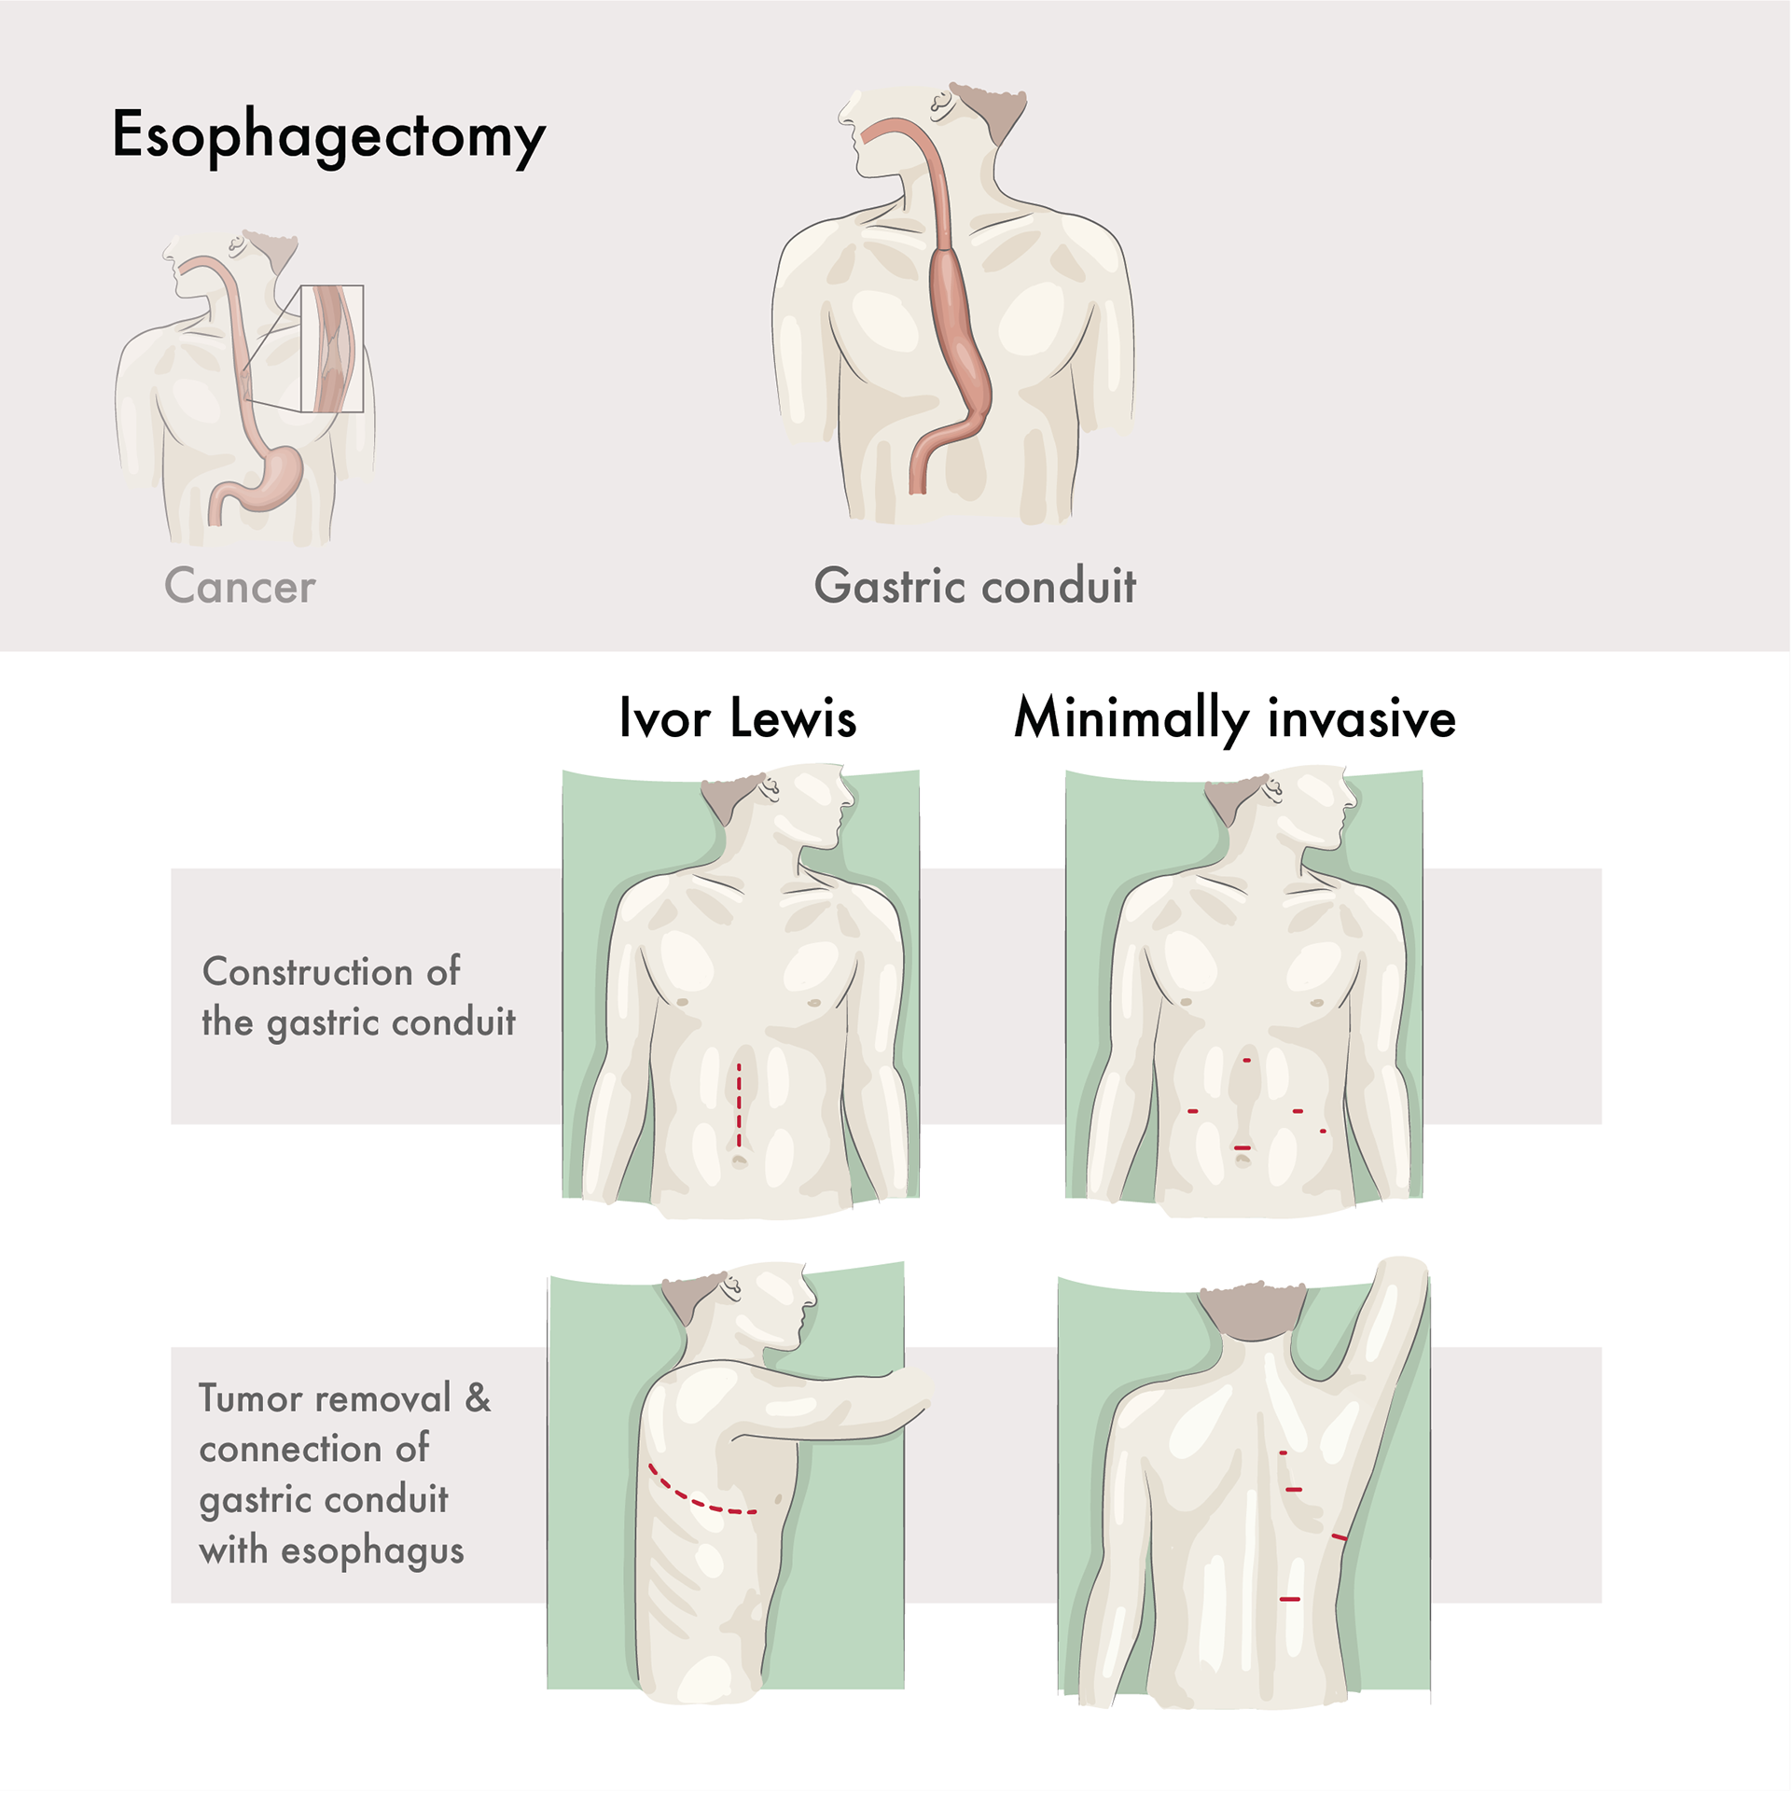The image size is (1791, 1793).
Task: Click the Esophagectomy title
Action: coord(328,135)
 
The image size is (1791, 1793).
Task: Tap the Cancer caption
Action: coord(240,586)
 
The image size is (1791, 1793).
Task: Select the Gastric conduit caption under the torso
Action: coord(975,586)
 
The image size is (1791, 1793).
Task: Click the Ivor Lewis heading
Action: coord(737,718)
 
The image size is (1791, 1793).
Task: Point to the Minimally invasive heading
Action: coord(1234,718)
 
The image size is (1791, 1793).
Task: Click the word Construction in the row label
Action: coord(307,972)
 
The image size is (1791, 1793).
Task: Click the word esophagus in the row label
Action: coord(372,1550)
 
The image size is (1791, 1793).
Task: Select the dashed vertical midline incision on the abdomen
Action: coord(739,1105)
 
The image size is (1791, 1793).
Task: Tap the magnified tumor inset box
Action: coord(332,349)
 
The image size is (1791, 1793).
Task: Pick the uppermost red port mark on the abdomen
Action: coord(1246,1061)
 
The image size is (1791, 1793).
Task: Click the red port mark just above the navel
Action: coord(1242,1147)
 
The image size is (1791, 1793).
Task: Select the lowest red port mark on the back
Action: coord(1289,1599)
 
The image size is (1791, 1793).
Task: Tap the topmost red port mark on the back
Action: coord(1283,1453)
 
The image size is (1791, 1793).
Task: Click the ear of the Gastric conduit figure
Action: coord(941,101)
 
